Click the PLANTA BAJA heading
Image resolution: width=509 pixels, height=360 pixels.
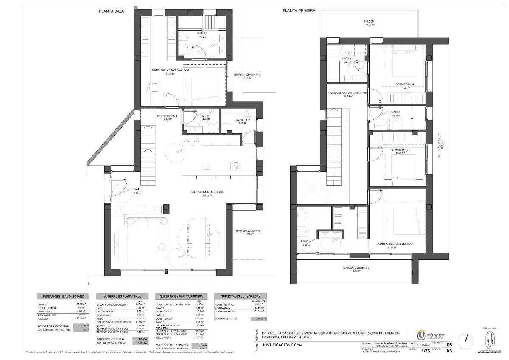click(111, 11)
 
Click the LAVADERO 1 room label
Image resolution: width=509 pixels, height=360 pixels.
click(243, 120)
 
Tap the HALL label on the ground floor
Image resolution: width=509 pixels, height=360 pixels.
click(137, 189)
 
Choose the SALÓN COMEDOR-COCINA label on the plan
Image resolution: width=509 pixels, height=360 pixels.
click(207, 192)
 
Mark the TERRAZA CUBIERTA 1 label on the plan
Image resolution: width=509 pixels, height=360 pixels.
click(249, 231)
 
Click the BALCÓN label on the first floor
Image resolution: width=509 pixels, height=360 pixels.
click(369, 21)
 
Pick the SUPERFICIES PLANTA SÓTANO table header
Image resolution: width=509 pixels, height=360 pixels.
click(63, 296)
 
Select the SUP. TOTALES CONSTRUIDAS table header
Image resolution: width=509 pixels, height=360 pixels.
click(241, 296)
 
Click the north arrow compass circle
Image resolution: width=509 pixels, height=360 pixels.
click(466, 338)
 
